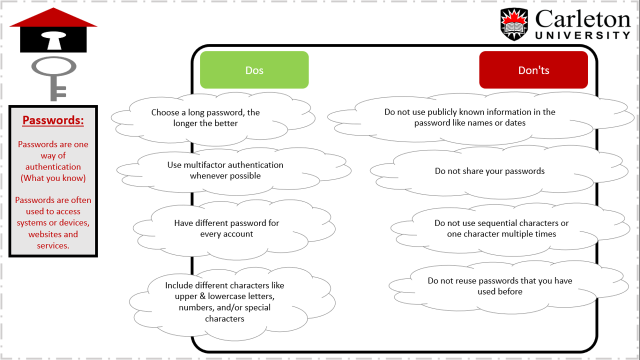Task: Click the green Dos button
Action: [x=254, y=69]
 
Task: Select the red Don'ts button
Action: [x=533, y=69]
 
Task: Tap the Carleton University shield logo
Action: [x=514, y=24]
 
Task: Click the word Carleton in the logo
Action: [x=582, y=19]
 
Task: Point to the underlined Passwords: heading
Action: [x=53, y=120]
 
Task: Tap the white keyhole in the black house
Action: [x=53, y=40]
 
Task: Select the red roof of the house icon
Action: [x=53, y=17]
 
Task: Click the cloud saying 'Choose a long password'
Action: [x=213, y=118]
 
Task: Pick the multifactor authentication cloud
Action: [x=233, y=171]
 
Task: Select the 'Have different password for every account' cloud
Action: [x=234, y=229]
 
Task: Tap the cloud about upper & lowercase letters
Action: [x=232, y=303]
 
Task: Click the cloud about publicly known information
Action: [x=480, y=118]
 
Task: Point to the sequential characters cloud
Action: [x=510, y=229]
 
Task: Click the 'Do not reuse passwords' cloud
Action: [x=508, y=287]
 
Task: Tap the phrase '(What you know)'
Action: [x=53, y=178]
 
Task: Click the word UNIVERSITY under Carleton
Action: [x=582, y=35]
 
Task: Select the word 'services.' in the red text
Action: [x=53, y=245]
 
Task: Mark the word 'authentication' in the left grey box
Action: [x=53, y=167]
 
